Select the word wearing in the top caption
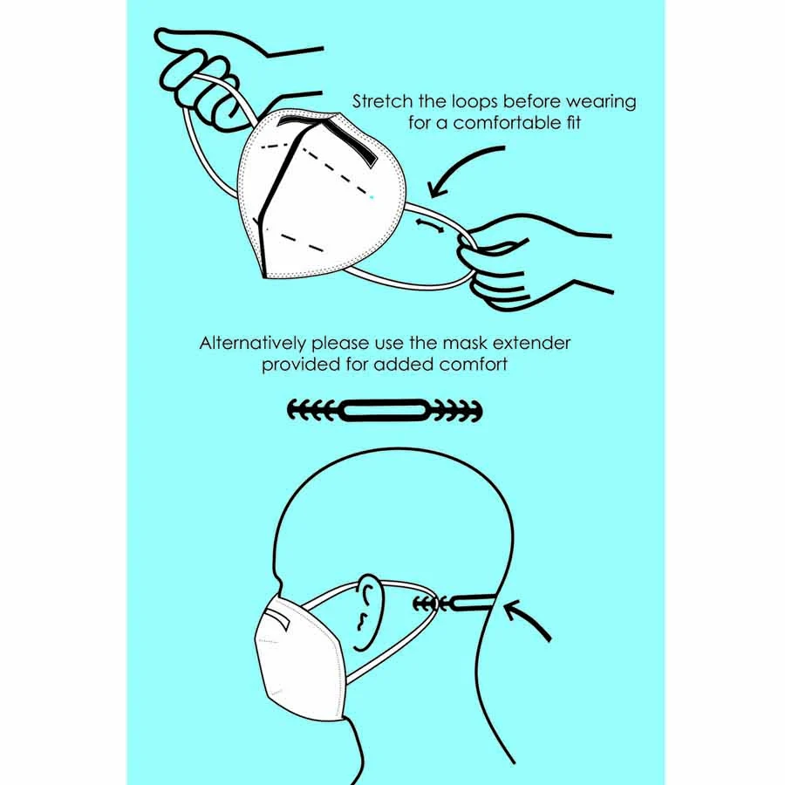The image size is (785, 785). [x=601, y=102]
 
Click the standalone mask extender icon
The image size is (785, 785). [x=385, y=411]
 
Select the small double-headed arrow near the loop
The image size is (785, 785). [x=429, y=225]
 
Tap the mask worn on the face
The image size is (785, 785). [x=300, y=657]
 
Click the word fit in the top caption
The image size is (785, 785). [x=574, y=123]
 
